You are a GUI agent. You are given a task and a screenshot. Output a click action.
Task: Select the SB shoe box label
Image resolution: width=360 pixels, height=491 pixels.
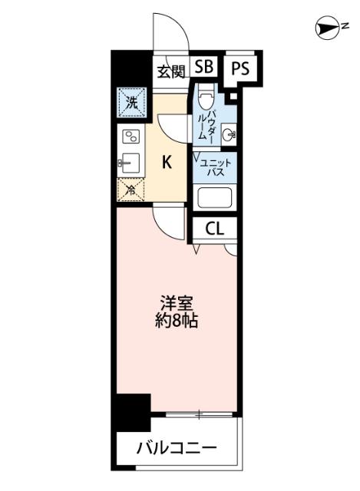pyautogui.click(x=203, y=68)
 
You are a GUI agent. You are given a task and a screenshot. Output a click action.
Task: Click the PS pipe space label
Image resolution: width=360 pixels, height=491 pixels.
pyautogui.click(x=241, y=68)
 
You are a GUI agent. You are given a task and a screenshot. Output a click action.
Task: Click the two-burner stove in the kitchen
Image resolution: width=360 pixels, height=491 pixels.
pyautogui.click(x=130, y=138)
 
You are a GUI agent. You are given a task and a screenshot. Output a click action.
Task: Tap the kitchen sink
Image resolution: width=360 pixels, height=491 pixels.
pyautogui.click(x=130, y=163)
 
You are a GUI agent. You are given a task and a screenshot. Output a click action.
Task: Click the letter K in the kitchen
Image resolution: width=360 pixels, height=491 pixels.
pyautogui.click(x=166, y=163)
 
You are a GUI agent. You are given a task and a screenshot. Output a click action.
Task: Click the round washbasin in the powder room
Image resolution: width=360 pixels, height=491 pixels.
pyautogui.click(x=228, y=135)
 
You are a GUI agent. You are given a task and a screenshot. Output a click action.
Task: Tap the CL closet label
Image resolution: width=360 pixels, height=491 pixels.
pyautogui.click(x=214, y=228)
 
